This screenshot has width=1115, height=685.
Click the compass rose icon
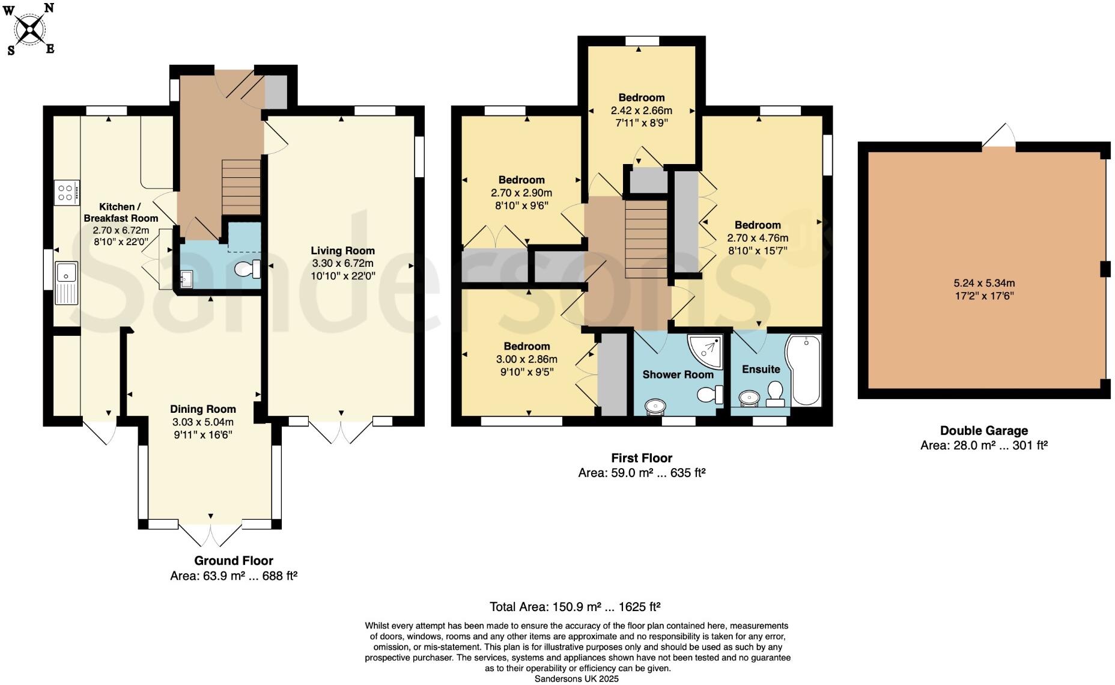[x=30, y=29]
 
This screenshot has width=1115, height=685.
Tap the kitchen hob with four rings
[x=65, y=193]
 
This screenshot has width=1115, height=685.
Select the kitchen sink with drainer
[x=65, y=282]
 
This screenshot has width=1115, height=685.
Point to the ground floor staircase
[x=242, y=187]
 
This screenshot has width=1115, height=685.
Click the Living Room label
[x=342, y=251]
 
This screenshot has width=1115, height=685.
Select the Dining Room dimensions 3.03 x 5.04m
[x=203, y=422]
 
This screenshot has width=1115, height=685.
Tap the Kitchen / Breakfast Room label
[x=121, y=212]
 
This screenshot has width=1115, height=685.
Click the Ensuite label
[x=761, y=369]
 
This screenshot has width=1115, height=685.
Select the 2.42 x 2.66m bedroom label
[x=641, y=97]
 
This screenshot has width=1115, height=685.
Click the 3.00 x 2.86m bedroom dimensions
[x=526, y=359]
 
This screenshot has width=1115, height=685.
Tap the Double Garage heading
[x=983, y=430]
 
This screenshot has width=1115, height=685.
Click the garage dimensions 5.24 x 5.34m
[x=984, y=283]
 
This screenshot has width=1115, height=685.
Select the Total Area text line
[x=575, y=606]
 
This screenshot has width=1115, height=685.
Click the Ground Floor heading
[x=233, y=561]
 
